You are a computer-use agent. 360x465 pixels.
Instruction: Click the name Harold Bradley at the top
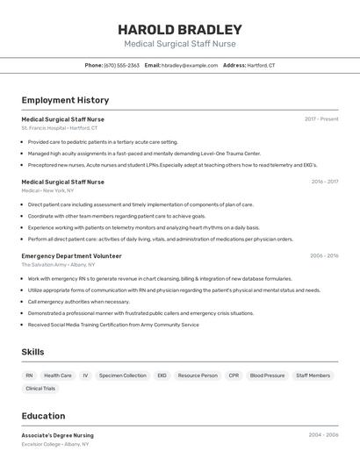coord(180,29)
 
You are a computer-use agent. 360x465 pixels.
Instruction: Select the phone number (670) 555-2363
coord(122,66)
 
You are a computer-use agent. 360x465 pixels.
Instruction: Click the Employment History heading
coord(65,100)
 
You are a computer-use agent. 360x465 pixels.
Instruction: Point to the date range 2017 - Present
coord(321,118)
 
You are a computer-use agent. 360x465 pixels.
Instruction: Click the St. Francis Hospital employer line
coord(60,128)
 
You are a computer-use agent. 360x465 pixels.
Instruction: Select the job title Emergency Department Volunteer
coord(72,255)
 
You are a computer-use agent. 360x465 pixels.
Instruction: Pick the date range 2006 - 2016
coord(324,255)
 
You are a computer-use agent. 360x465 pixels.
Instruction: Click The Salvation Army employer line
coord(59,264)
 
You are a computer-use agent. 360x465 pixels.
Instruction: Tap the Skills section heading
coord(33,352)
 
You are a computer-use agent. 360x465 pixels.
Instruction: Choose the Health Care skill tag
coord(58,376)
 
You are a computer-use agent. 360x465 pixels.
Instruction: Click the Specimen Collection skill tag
coord(123,376)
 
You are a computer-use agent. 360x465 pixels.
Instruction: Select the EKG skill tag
coord(162,376)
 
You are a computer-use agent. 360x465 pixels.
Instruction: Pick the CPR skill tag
coord(234,376)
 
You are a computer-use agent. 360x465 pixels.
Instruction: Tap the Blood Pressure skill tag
coord(267,376)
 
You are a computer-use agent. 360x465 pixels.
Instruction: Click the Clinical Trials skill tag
coord(40,388)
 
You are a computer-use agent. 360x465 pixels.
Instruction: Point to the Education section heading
coord(43,416)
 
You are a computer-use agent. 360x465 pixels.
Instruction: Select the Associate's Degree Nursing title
coord(58,435)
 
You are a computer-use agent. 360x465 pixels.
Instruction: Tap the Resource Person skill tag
coord(198,376)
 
